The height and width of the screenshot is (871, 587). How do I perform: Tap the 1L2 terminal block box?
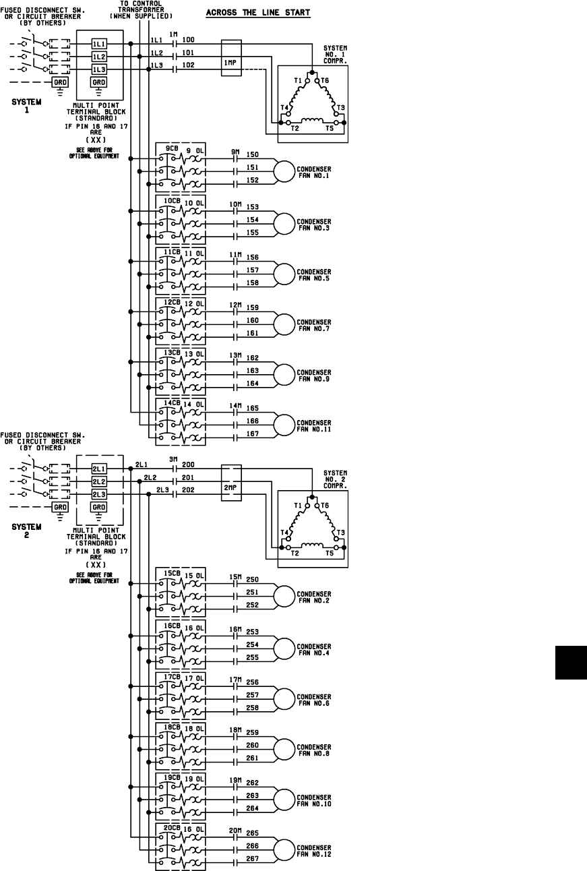coord(99,56)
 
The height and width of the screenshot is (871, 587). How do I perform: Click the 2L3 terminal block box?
coord(99,495)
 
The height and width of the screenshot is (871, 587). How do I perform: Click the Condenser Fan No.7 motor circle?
coord(284,323)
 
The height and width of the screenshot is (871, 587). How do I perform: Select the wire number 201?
coord(188,477)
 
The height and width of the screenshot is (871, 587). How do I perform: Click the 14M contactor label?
coord(235,406)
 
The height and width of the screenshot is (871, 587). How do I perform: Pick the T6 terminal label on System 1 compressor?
coord(325,80)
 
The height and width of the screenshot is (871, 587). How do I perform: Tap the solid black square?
coord(571,662)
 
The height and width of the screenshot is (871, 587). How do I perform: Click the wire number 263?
coord(252,795)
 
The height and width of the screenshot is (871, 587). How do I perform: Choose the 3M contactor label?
coord(173,459)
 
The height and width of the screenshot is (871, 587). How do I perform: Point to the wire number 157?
coord(253,270)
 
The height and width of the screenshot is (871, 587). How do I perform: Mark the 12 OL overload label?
coord(194,305)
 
